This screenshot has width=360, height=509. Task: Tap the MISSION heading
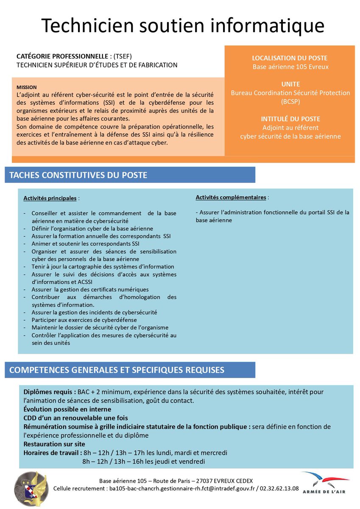tap(27, 87)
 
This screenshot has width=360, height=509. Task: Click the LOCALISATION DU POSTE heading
tap(290, 58)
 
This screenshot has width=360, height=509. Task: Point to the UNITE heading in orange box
tap(290, 84)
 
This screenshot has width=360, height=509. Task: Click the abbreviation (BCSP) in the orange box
tap(290, 101)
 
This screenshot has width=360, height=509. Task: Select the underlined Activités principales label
tap(50, 198)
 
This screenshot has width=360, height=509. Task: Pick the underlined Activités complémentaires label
tap(231, 197)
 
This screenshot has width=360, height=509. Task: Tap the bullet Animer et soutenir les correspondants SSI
tap(85, 243)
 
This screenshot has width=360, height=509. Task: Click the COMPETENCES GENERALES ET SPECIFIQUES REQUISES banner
tap(117, 370)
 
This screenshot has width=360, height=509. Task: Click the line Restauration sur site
tap(54, 444)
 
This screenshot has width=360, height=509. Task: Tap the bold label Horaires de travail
tap(53, 453)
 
